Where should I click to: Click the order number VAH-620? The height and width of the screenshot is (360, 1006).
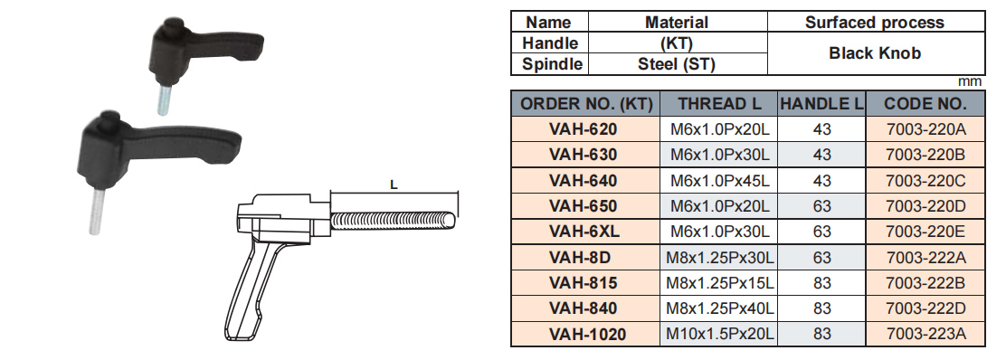click(x=583, y=129)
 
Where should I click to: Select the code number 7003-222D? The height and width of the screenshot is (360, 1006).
click(x=925, y=308)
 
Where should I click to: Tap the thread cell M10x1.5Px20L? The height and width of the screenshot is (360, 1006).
click(x=720, y=335)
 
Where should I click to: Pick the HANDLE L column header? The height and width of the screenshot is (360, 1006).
click(x=821, y=104)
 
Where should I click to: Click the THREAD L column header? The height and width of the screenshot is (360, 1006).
click(x=720, y=104)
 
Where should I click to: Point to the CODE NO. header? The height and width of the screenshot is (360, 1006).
click(x=925, y=104)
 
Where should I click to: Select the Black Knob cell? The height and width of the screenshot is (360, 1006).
click(x=875, y=53)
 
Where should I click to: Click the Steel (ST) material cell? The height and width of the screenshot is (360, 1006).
click(x=676, y=64)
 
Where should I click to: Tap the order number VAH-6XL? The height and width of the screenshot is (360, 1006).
click(x=584, y=232)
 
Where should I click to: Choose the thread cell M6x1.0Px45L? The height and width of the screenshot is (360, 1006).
click(x=720, y=181)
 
